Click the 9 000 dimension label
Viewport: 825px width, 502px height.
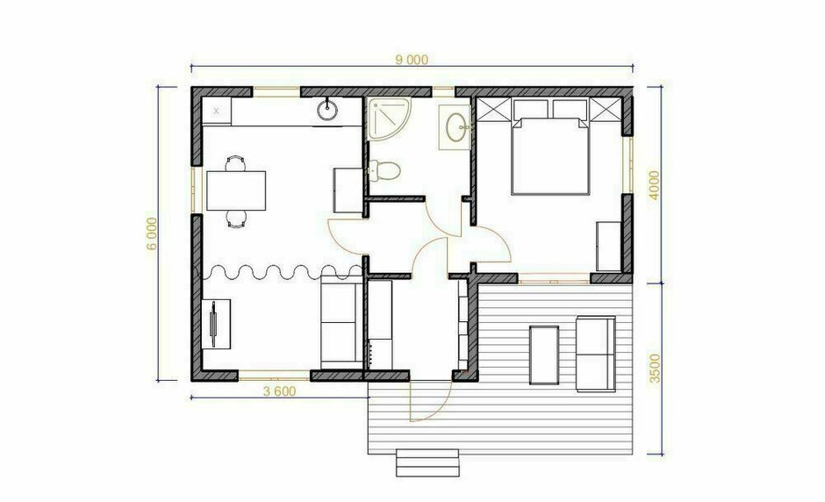pos(412,60)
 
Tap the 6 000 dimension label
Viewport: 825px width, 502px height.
pos(152,233)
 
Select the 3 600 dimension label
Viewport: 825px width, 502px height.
pos(279,391)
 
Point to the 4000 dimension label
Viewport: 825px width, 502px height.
pos(654,184)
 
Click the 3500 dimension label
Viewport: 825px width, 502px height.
pos(655,368)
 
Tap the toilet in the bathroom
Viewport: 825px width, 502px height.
pos(384,170)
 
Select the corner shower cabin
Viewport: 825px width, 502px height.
pos(390,119)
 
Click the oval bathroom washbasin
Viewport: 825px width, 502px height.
pos(456,127)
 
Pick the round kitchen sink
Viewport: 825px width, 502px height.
pos(327,110)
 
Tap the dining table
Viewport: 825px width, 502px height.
pos(236,190)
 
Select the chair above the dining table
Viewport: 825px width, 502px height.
pos(235,163)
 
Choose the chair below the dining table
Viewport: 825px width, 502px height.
pos(236,218)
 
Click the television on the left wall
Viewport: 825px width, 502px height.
pos(215,324)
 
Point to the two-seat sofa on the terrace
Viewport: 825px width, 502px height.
pos(596,354)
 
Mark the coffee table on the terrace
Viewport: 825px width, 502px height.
pos(544,355)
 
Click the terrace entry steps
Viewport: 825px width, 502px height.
pos(427,463)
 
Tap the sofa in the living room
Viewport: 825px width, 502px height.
pos(341,323)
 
